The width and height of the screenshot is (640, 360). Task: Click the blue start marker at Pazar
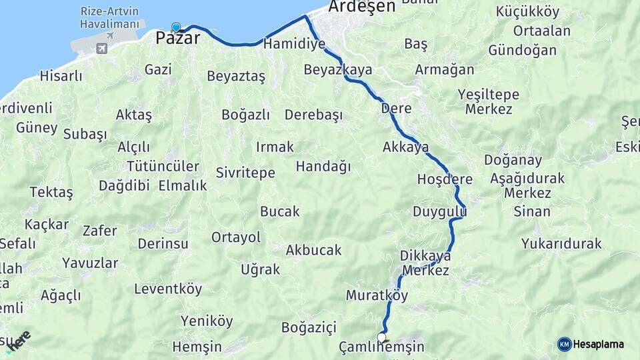click(176, 27)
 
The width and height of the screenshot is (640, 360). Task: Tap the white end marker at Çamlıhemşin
click(382, 337)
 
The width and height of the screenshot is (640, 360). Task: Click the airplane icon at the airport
click(101, 48)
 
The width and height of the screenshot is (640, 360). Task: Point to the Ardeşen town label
click(363, 7)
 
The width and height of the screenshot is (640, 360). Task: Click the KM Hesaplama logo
click(591, 344)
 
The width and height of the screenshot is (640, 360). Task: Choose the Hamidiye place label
click(294, 44)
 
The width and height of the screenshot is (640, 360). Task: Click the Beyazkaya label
click(338, 69)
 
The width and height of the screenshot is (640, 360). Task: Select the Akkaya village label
click(405, 147)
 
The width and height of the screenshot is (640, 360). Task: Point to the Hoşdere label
click(445, 179)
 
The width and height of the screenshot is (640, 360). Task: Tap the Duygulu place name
click(439, 212)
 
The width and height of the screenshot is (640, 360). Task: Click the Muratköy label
click(377, 295)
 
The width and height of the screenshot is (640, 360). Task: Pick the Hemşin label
click(197, 347)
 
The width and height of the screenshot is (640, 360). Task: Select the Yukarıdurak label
click(561, 243)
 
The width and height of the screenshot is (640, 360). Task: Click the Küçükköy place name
click(528, 12)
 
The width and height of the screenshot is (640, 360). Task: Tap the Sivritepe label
click(245, 173)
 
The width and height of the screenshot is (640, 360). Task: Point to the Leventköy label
click(168, 289)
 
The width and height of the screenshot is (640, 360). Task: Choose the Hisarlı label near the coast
click(61, 76)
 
